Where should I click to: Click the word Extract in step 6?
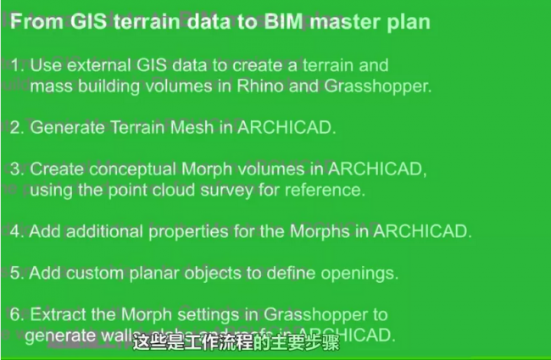pyautogui.click(x=58, y=315)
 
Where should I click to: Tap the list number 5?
pyautogui.click(x=16, y=274)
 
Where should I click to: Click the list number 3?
pyautogui.click(x=16, y=169)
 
